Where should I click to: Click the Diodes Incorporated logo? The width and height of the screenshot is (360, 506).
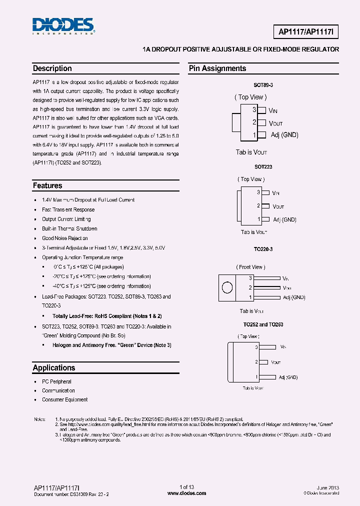[x=63, y=25]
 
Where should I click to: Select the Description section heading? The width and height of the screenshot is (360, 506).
[x=52, y=68]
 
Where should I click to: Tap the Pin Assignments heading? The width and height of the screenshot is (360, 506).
[x=217, y=68]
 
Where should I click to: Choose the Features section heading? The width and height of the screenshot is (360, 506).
[x=47, y=185]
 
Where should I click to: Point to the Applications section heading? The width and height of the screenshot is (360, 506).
[x=54, y=367]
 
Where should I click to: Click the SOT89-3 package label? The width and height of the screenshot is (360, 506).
[x=263, y=85]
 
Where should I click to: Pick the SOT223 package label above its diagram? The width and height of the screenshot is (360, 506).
[x=263, y=166]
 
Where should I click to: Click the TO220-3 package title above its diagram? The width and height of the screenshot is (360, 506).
[x=263, y=248]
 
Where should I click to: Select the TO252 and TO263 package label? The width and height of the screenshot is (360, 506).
[x=263, y=324]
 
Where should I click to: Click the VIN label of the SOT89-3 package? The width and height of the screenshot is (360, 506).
[x=273, y=110]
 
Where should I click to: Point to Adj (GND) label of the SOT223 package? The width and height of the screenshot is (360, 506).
[x=285, y=219]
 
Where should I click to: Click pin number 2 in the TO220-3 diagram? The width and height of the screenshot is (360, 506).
[x=251, y=287]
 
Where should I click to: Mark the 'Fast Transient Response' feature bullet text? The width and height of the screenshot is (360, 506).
[x=68, y=209]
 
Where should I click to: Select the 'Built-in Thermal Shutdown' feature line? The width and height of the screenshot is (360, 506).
[x=69, y=228]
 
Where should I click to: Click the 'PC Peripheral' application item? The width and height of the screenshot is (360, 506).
[x=56, y=381]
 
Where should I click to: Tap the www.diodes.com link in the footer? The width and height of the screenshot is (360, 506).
[x=186, y=493]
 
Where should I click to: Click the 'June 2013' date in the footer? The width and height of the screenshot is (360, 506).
[x=328, y=487]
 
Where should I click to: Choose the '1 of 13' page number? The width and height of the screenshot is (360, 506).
[x=186, y=487]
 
